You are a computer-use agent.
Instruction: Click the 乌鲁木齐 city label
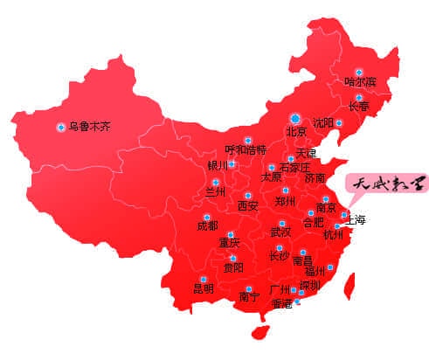(90, 127)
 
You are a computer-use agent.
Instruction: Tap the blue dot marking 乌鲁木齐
(60, 127)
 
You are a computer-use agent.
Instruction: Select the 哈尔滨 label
(360, 82)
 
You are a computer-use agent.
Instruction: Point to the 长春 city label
(359, 107)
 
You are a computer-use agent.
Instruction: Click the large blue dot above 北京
(295, 117)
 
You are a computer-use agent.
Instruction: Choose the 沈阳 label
(323, 123)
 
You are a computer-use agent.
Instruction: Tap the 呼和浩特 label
(246, 149)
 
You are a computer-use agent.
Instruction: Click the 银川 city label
(218, 164)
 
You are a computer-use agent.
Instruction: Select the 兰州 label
(215, 191)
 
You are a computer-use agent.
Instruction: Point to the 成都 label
(208, 225)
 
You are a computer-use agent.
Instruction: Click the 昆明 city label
(203, 288)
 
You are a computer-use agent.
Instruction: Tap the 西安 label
(248, 207)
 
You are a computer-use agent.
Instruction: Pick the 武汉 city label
(280, 232)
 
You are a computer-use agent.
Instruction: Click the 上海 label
(356, 220)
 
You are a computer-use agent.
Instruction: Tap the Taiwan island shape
(352, 283)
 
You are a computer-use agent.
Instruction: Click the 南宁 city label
(249, 297)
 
